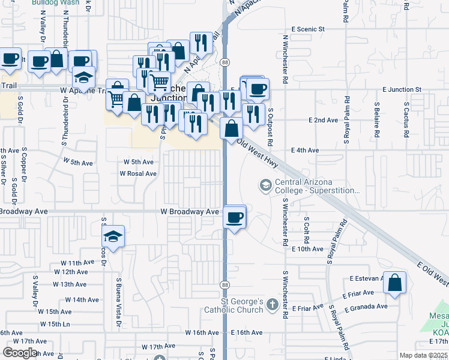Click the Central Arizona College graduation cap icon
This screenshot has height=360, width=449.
pos(265,186)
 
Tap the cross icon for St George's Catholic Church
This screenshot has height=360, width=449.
pos(273,305)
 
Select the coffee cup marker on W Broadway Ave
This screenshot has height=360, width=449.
pos(235,217)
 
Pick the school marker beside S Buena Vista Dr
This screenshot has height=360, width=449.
pos(112,236)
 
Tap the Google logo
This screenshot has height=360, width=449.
pos(19,353)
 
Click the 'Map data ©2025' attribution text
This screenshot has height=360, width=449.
pos(423,355)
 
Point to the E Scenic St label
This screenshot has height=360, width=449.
pos(307,29)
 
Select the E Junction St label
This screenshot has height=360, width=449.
pos(402,89)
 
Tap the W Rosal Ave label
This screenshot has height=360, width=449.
pos(138,173)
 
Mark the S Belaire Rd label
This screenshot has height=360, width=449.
pos(376,123)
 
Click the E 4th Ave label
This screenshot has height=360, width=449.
pos(304,150)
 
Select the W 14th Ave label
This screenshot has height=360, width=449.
pos(82,299)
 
